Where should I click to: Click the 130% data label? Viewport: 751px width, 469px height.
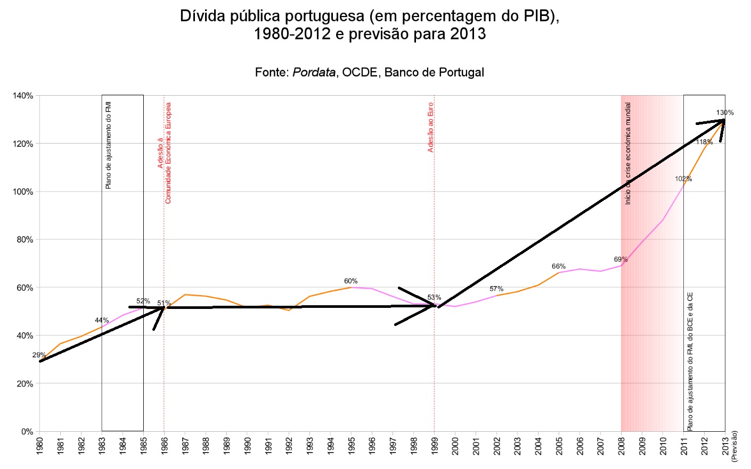click(724, 113)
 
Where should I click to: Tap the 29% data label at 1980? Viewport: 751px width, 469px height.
click(39, 355)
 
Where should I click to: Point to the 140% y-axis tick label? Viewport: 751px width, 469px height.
click(23, 96)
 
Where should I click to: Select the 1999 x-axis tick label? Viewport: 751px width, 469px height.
click(435, 446)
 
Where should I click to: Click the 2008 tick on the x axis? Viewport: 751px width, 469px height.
click(622, 446)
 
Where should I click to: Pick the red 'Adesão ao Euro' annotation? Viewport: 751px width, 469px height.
click(430, 127)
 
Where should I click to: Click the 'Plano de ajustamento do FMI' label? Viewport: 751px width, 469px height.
click(109, 145)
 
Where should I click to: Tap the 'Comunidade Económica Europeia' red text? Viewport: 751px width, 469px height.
click(168, 153)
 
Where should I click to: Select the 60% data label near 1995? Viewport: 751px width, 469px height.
click(350, 281)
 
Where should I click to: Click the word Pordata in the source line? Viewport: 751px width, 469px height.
click(314, 72)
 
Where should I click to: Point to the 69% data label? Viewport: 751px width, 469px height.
click(621, 259)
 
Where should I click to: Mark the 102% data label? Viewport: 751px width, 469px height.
click(683, 179)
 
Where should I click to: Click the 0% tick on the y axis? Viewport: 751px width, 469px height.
click(27, 431)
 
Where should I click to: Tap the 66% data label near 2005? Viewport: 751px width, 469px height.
click(558, 266)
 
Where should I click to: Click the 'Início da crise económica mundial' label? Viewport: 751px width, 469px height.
click(628, 153)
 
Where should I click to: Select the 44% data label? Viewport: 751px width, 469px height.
click(102, 320)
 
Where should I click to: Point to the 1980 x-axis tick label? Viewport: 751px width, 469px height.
click(39, 446)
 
